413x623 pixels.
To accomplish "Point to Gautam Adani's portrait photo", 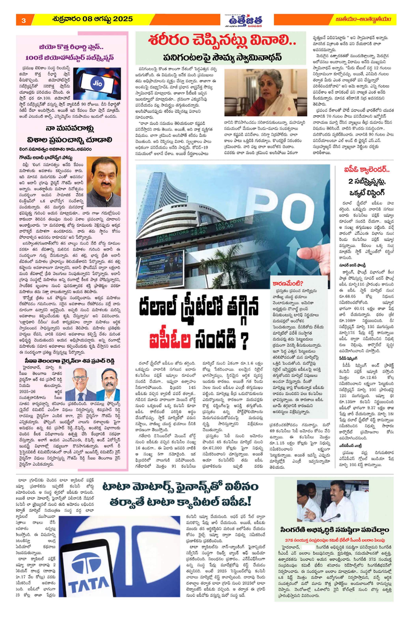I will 104,182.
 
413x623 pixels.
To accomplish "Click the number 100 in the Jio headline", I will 32,58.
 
